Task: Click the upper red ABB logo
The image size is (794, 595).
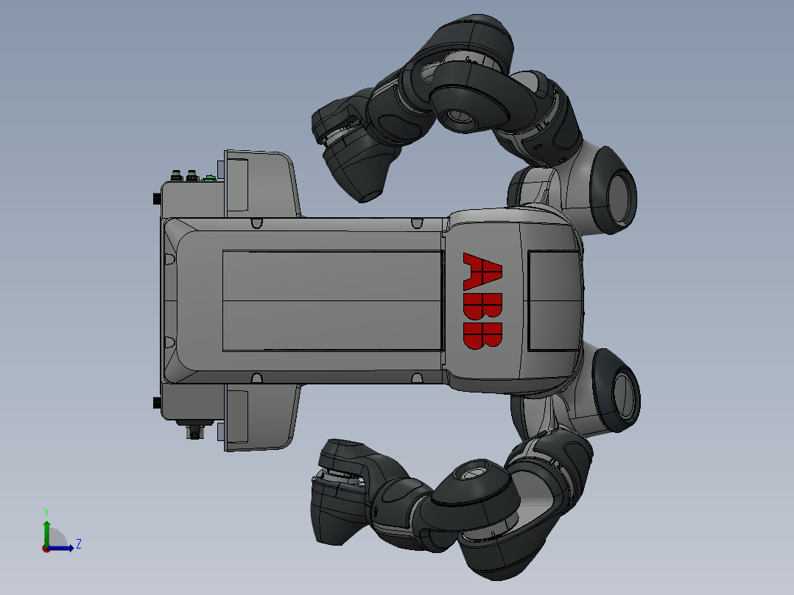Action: pos(483,271)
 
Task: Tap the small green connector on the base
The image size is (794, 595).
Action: pos(210,177)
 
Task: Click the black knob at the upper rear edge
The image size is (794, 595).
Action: pos(156,199)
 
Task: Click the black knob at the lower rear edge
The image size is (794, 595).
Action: pos(156,402)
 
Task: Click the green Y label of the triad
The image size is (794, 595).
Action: pos(46,510)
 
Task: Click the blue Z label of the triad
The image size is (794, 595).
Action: pos(78,544)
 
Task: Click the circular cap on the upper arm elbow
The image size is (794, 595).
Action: pos(456,116)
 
